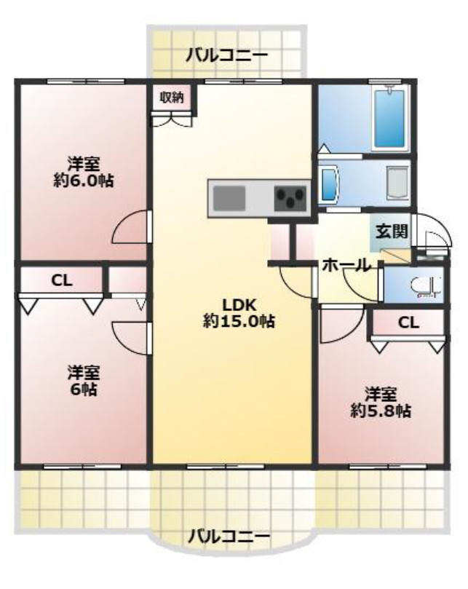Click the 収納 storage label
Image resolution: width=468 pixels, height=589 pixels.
click(x=172, y=98)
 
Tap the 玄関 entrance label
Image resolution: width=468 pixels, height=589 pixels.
click(x=392, y=231)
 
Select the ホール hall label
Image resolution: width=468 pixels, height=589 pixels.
click(x=346, y=266)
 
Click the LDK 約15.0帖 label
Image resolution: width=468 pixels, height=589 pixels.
click(x=239, y=313)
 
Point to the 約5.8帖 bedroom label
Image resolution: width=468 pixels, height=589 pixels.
click(x=381, y=403)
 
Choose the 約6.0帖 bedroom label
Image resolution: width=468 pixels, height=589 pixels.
click(x=84, y=173)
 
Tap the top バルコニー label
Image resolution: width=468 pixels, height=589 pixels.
click(x=227, y=55)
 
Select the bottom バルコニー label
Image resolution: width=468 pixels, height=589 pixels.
click(x=229, y=536)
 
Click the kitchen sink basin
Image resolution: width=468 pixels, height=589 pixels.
click(x=229, y=198)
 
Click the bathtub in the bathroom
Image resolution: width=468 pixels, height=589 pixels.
click(x=390, y=119)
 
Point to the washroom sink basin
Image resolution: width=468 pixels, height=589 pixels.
click(x=329, y=184)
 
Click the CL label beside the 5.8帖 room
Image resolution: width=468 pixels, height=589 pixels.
click(x=408, y=323)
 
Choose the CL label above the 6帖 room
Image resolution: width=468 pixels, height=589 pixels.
click(x=62, y=280)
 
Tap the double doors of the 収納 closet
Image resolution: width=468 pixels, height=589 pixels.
click(x=172, y=120)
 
